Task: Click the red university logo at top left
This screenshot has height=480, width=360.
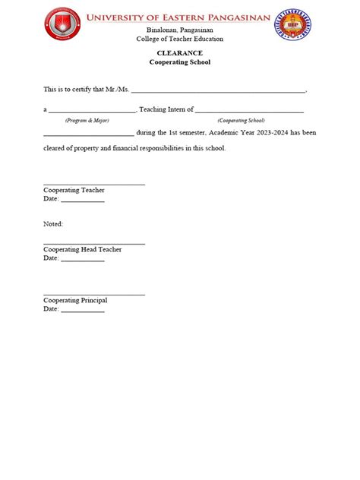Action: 63,25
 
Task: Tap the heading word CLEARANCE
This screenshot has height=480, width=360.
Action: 179,53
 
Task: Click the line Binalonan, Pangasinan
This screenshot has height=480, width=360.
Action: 179,30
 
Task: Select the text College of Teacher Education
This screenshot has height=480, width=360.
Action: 179,38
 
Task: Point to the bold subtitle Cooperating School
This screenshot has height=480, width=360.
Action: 179,62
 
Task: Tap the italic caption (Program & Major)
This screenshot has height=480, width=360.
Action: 87,120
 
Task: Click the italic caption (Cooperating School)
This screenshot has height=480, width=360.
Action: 241,120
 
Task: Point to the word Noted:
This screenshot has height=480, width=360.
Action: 53,224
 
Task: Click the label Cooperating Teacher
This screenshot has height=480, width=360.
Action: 74,190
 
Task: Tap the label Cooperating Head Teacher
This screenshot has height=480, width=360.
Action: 83,249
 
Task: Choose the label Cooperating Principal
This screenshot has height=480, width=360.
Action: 75,301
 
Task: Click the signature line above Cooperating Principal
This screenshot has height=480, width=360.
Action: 94,294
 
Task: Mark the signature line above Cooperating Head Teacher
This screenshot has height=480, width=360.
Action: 94,243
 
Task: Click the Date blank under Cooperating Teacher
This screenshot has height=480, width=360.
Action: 82,201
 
